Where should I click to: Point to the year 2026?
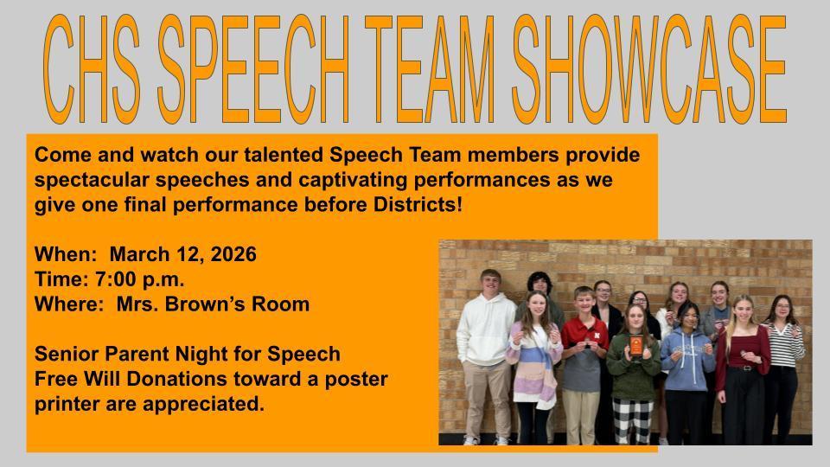pyautogui.click(x=234, y=255)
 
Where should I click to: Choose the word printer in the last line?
pyautogui.click(x=66, y=403)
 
